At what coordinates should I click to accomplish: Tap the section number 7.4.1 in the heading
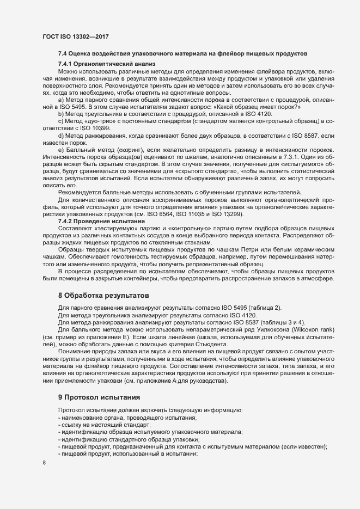pyautogui.click(x=65, y=65)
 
